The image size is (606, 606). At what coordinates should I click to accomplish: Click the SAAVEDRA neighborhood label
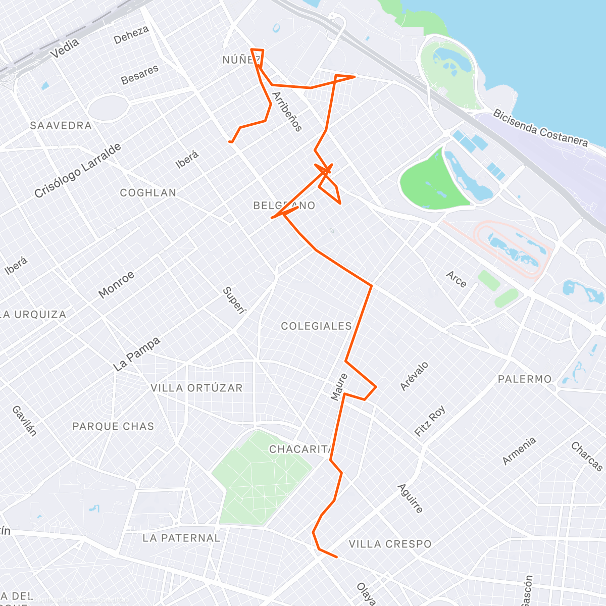[x=61, y=125]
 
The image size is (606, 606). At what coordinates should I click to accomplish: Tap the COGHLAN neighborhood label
[x=148, y=192]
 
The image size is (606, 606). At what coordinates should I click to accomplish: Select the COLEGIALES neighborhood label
[x=316, y=326]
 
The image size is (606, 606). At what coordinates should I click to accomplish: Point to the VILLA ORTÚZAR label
[x=196, y=388]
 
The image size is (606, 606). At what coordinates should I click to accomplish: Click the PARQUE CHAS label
[x=113, y=426]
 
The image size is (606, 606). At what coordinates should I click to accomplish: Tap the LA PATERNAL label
[x=181, y=538]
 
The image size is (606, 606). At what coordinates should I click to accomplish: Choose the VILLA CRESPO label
[x=390, y=544]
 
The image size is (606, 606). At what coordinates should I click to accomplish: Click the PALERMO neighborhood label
[x=525, y=379]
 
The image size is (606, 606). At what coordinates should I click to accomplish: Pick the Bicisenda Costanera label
[x=540, y=128]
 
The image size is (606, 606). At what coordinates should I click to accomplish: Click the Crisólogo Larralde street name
[x=78, y=170]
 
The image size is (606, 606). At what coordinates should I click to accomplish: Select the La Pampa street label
[x=136, y=354]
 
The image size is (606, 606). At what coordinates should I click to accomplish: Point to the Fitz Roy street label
[x=430, y=421]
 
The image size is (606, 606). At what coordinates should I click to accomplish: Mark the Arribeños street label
[x=287, y=111]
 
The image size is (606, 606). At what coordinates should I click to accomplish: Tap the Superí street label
[x=234, y=300]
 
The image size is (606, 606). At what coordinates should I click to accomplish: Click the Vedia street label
[x=65, y=48]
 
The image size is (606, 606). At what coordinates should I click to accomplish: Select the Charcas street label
[x=587, y=456]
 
